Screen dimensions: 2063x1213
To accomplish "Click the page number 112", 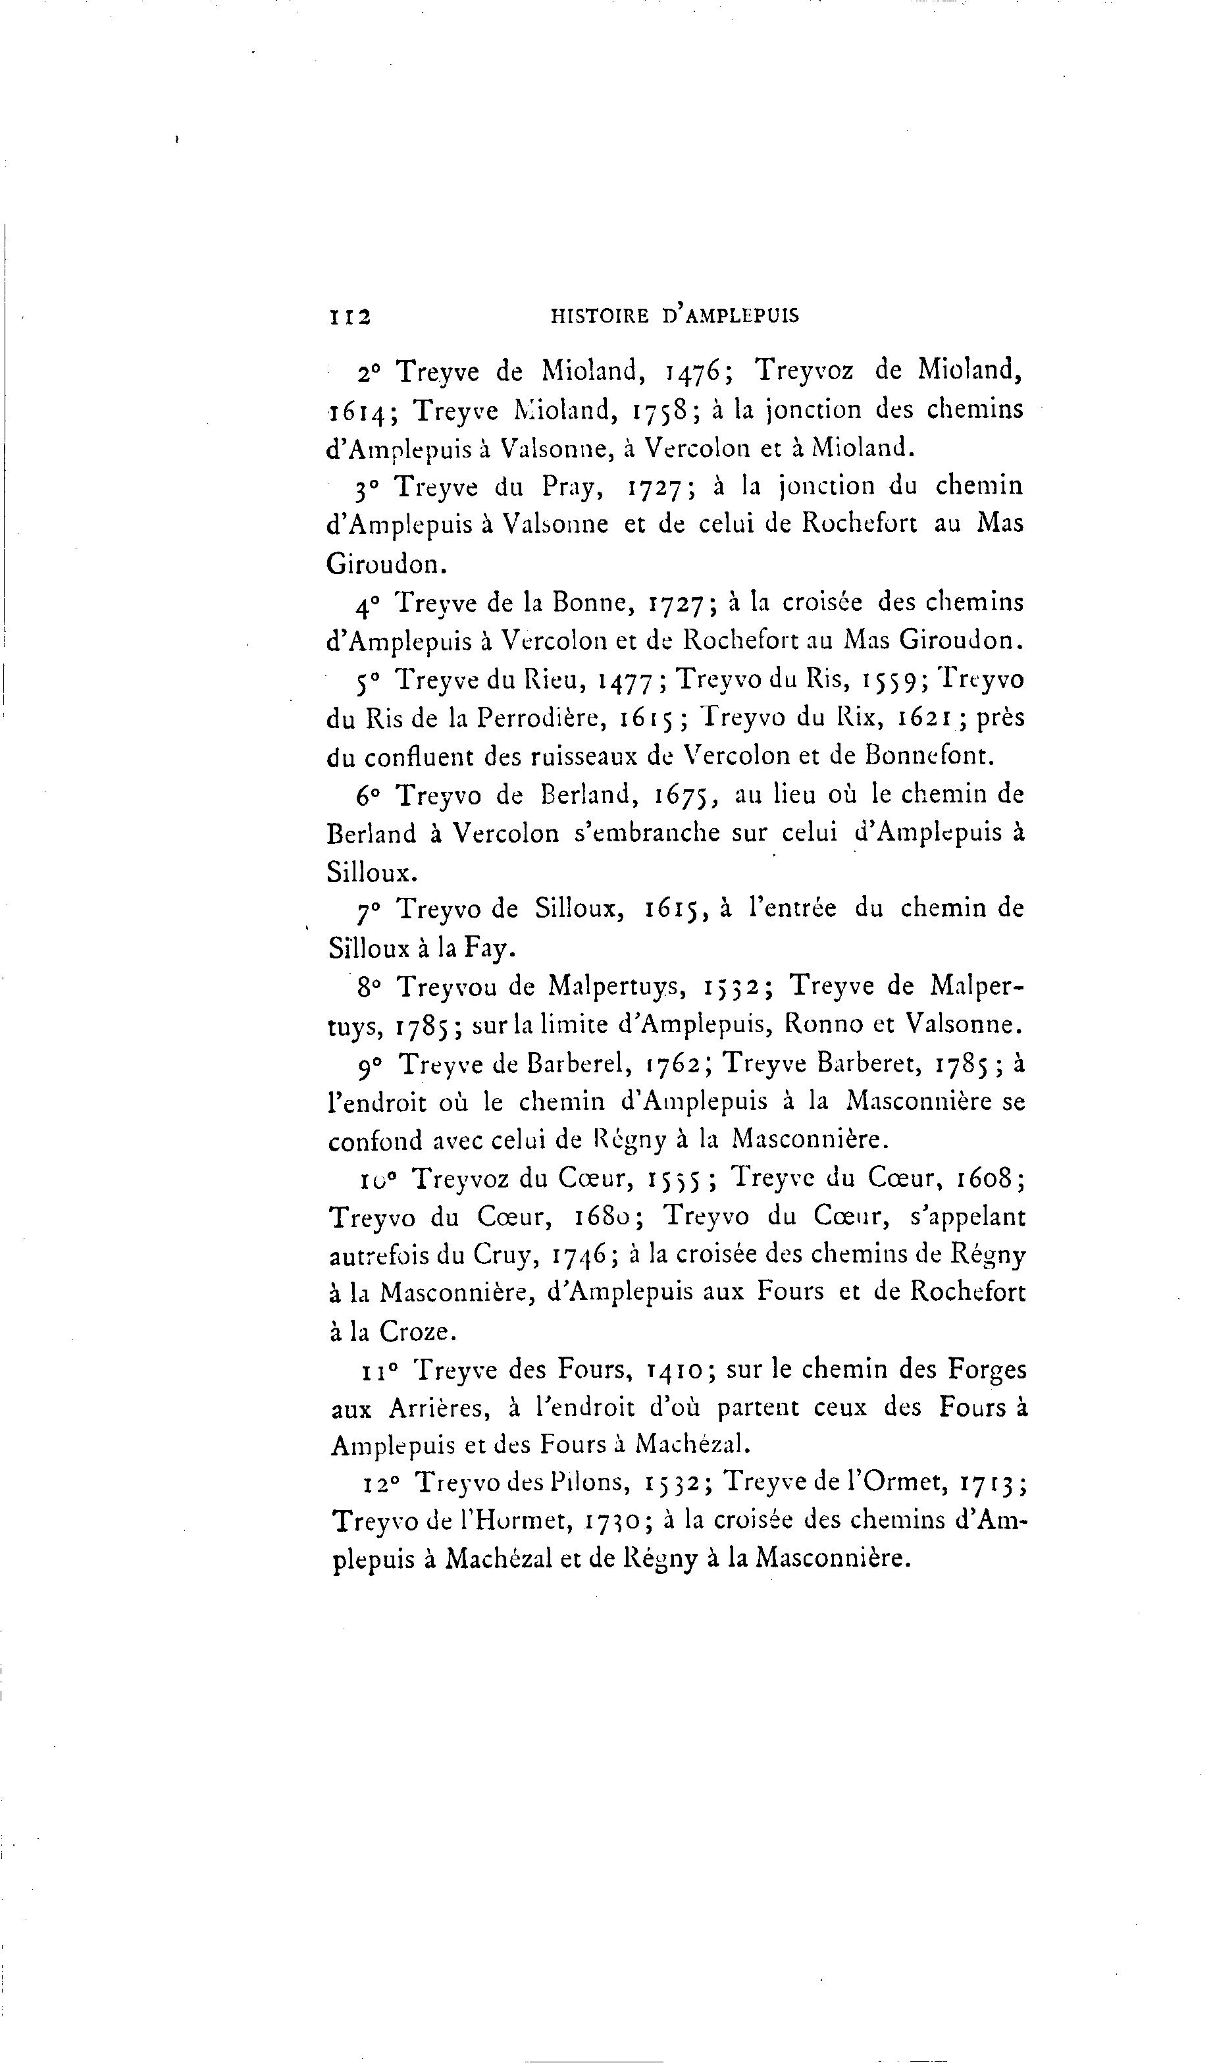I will pyautogui.click(x=349, y=317).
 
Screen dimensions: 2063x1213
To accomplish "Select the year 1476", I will pyautogui.click(x=694, y=373).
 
